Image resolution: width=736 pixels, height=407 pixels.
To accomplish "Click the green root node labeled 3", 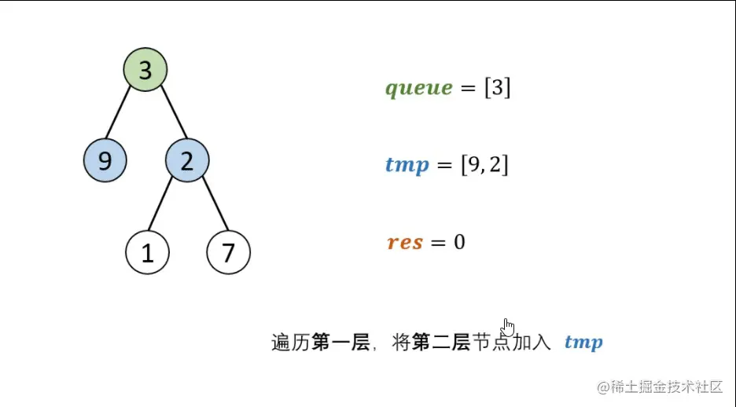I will click(x=145, y=70).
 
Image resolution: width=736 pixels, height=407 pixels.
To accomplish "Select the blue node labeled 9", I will click(x=105, y=161).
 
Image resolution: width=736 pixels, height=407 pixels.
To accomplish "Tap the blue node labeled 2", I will click(x=187, y=161).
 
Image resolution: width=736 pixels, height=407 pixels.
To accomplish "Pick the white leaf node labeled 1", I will click(x=147, y=253).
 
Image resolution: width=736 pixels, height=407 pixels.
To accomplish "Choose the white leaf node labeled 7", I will click(x=228, y=253).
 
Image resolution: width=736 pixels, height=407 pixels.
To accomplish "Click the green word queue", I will click(x=418, y=88).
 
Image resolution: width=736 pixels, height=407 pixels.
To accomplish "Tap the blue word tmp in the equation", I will click(x=407, y=165).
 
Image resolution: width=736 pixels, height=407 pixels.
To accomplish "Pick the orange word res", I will click(x=405, y=242).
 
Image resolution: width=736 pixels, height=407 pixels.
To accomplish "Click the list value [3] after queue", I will click(x=497, y=88).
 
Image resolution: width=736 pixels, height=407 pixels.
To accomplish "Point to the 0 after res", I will click(x=459, y=242).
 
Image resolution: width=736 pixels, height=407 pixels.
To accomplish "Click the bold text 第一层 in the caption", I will click(x=340, y=343).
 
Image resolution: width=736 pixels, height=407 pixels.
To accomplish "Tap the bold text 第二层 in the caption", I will click(x=441, y=343).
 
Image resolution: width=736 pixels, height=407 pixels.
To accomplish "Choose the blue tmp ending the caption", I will click(x=583, y=343).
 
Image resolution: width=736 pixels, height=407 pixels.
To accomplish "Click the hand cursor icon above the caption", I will click(x=508, y=326).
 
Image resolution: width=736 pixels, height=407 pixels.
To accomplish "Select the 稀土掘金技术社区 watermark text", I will click(x=665, y=387).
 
